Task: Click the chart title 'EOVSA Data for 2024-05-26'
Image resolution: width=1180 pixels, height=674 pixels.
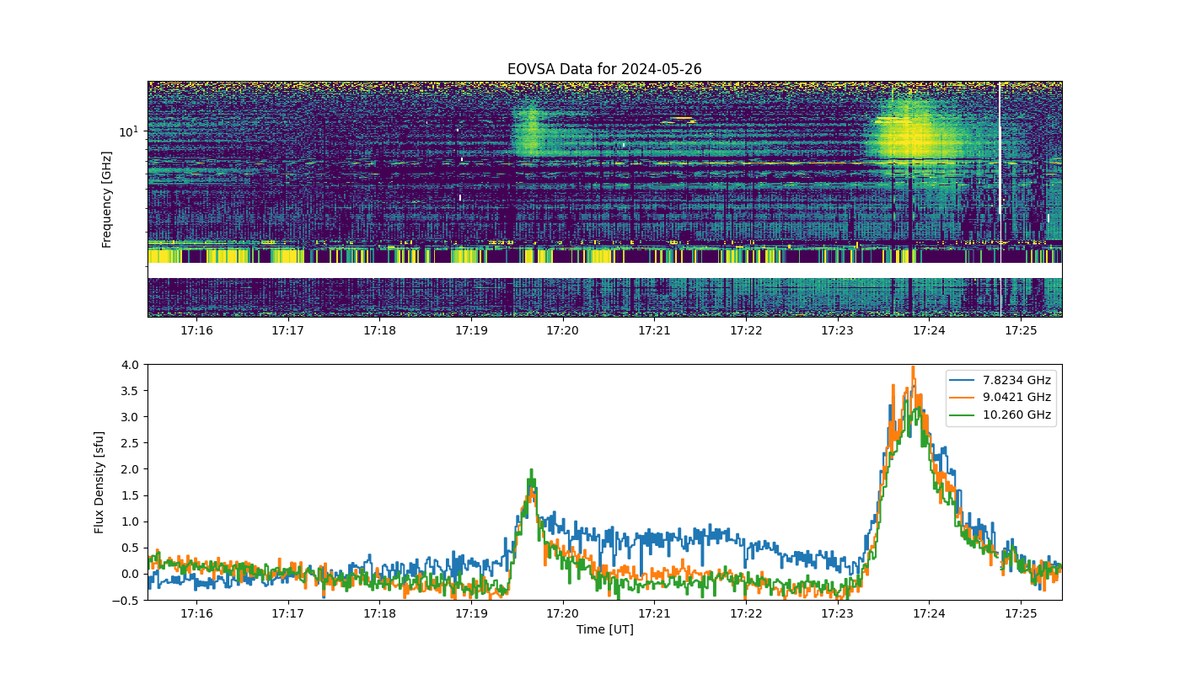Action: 604,69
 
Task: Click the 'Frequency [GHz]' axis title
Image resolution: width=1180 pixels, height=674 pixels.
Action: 106,200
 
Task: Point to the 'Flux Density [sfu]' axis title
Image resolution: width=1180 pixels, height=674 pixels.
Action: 99,482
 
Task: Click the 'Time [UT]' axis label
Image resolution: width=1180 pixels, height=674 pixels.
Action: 605,629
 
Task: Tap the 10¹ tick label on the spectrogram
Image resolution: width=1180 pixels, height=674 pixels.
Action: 129,131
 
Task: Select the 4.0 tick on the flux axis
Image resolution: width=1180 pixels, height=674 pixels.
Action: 130,365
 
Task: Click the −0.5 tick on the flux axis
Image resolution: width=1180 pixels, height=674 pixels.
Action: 126,600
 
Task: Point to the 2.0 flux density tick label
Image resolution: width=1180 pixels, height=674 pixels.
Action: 130,469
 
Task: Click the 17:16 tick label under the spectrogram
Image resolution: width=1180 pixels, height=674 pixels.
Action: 196,330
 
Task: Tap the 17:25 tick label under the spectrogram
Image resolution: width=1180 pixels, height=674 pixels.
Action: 1021,330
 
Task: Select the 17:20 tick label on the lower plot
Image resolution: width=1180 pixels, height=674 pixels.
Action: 563,613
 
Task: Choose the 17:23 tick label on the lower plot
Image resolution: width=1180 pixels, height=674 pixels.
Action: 838,613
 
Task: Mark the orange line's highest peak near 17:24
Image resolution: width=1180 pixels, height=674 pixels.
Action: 913,367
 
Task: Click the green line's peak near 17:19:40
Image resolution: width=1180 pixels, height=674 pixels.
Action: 531,470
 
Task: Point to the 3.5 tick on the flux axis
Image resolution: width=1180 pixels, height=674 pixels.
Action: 130,391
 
